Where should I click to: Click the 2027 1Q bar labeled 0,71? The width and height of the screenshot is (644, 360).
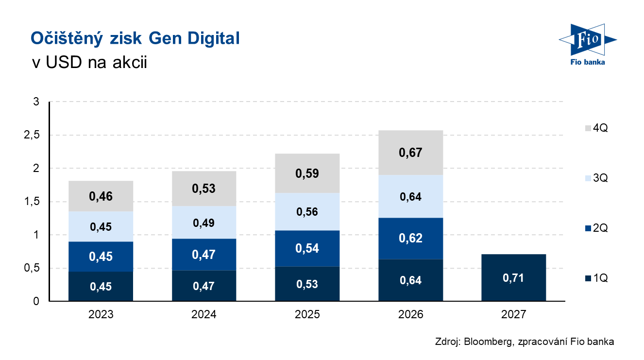pos(513,277)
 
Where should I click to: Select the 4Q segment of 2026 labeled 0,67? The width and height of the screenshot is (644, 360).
pos(410,153)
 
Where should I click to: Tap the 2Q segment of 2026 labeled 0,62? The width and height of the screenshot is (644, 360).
pos(410,239)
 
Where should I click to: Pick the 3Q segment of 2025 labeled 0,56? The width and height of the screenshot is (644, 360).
pos(307,212)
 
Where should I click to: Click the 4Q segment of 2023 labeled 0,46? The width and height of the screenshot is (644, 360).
pos(101,196)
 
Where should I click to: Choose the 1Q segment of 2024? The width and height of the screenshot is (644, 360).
pos(204,286)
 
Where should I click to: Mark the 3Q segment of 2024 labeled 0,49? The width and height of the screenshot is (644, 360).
pos(204,223)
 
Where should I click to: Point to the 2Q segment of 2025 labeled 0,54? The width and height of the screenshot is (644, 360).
pos(307,248)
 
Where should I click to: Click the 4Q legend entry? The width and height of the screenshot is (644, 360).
pos(596,128)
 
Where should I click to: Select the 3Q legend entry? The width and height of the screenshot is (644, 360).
pos(596,178)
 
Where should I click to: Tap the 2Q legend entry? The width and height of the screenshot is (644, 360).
pos(596,228)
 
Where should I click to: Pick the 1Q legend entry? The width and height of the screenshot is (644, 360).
pos(596,278)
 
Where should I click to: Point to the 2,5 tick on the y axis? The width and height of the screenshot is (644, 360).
pos(32,135)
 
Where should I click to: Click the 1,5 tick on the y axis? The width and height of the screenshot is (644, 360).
pos(32,202)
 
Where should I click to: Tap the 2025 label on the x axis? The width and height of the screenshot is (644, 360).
pos(307,314)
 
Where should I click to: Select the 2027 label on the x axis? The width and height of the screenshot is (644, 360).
pos(513,314)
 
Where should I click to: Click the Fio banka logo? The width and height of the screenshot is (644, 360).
pos(588,45)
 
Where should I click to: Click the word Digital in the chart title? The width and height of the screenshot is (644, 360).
pos(213,38)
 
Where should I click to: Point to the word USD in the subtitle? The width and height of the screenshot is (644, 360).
pos(64,62)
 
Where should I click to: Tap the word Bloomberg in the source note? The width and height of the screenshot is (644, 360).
pos(488,342)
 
